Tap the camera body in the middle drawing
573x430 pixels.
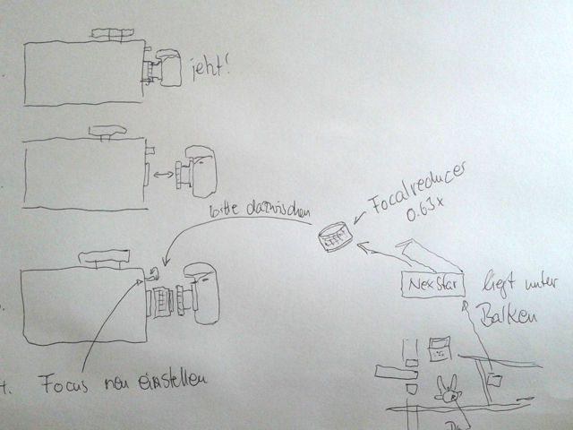tap(198, 173)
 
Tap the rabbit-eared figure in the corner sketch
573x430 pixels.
tap(445, 389)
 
